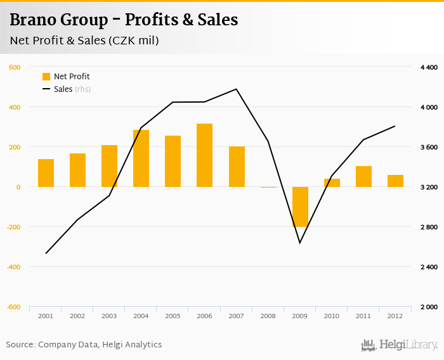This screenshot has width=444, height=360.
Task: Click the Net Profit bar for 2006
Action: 204,155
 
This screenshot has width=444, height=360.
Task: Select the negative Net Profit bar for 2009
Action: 300,207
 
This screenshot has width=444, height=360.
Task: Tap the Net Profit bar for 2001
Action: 46,173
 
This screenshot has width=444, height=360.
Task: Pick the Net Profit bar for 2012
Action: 395,181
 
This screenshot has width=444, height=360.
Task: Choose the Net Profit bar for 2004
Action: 141,158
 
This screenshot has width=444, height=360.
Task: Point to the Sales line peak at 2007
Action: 236,89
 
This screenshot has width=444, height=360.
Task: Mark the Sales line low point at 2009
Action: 299,243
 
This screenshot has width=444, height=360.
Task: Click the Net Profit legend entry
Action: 66,77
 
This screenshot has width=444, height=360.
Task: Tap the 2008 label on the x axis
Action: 268,316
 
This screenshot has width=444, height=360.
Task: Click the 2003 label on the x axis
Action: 109,316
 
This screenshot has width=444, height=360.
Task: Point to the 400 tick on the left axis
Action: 15,107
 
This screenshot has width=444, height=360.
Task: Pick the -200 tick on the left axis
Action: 13,227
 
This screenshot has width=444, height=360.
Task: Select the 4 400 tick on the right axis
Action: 429,67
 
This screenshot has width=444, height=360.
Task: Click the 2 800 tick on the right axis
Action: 429,227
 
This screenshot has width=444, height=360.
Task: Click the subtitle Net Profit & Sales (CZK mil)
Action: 84,41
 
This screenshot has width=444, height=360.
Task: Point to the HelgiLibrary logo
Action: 399,345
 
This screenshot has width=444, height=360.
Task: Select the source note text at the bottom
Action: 84,345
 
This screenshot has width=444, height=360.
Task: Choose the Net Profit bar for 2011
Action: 363,176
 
